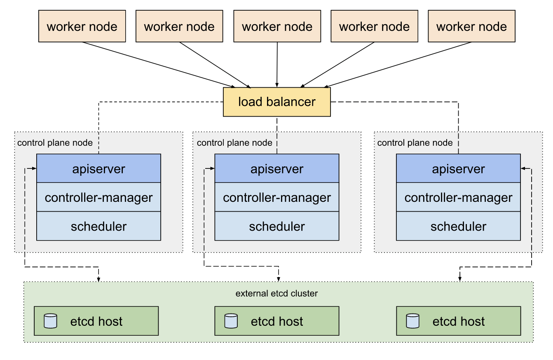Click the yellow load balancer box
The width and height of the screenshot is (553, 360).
(x=276, y=102)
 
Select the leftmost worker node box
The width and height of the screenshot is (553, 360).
(x=82, y=27)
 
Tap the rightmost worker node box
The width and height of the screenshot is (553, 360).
(x=471, y=27)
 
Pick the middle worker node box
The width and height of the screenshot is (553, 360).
(x=277, y=27)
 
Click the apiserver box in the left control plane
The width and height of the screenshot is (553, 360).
(x=98, y=168)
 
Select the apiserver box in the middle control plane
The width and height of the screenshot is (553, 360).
(x=276, y=168)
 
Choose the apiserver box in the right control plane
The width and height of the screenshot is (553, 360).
(x=458, y=168)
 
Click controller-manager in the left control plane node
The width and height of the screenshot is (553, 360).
(x=98, y=197)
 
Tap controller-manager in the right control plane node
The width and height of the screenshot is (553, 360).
(x=458, y=197)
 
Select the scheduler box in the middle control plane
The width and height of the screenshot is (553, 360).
(x=276, y=226)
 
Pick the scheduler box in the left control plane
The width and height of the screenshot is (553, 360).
(x=98, y=226)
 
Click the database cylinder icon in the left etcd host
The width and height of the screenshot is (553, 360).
(x=50, y=321)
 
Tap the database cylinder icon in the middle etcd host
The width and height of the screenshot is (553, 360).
(x=231, y=321)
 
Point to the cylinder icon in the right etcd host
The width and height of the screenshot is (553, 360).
(x=412, y=321)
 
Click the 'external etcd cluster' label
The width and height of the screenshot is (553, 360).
(x=276, y=294)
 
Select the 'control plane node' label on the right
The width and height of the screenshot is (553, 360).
(x=415, y=143)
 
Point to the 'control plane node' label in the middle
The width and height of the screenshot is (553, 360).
(x=234, y=143)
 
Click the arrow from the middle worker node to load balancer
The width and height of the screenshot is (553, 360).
(x=277, y=64)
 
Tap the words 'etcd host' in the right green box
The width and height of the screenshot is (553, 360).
(x=459, y=321)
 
